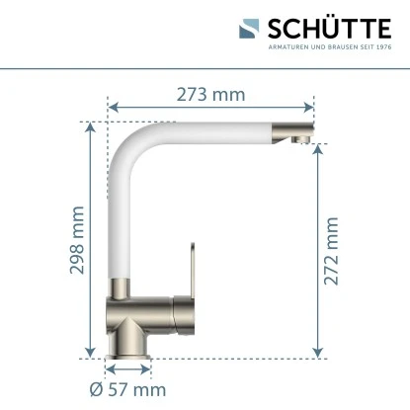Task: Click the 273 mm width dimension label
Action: (x=210, y=95)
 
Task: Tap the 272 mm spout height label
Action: (x=331, y=251)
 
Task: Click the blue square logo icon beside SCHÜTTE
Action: (x=249, y=29)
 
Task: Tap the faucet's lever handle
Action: (x=185, y=266)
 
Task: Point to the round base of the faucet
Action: (x=127, y=341)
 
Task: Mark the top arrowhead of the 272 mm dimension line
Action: (x=316, y=151)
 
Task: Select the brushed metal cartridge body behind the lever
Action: (x=148, y=310)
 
